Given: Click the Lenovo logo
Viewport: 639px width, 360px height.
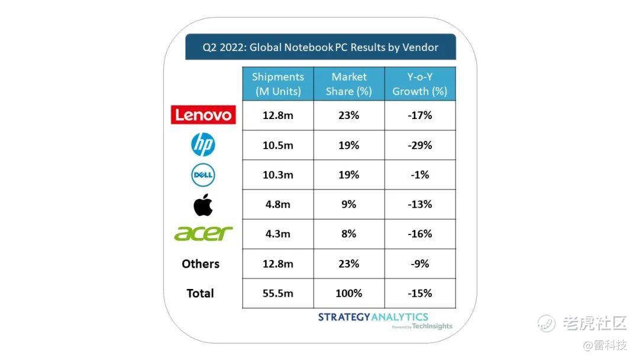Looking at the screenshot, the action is point(204,115).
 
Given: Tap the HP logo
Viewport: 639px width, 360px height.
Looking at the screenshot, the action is point(203,144).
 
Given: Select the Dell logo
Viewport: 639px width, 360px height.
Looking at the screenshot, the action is point(203,175).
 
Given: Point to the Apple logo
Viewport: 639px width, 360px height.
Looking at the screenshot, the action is point(203,205).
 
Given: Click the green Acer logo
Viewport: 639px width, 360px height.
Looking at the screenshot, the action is point(204,234).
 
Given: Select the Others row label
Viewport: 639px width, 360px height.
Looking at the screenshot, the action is point(201,263).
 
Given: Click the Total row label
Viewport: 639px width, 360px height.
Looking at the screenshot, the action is point(200,293).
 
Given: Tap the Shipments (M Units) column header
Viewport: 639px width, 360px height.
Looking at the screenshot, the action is point(278,84).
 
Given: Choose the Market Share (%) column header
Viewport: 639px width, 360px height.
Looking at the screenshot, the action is point(349,84).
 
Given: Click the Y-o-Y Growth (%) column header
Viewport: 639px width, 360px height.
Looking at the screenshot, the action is point(419,84).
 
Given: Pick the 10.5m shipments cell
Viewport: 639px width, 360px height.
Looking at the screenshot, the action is point(278,145).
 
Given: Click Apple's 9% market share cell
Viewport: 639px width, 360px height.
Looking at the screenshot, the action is point(349,204).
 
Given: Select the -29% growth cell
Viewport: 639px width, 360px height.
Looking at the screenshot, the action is point(419,145).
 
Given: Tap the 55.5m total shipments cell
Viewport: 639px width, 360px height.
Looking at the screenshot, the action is point(278,293).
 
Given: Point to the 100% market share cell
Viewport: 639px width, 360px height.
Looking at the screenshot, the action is point(349,293).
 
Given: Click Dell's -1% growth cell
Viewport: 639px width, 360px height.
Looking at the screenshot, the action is point(419,175).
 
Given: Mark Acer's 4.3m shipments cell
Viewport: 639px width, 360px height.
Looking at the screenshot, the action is point(278,234).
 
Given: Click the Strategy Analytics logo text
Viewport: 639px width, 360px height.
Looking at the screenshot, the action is point(373,317).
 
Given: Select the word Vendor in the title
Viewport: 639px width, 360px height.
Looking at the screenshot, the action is point(420,47).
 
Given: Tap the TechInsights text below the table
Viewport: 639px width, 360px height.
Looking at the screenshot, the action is point(432,326).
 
